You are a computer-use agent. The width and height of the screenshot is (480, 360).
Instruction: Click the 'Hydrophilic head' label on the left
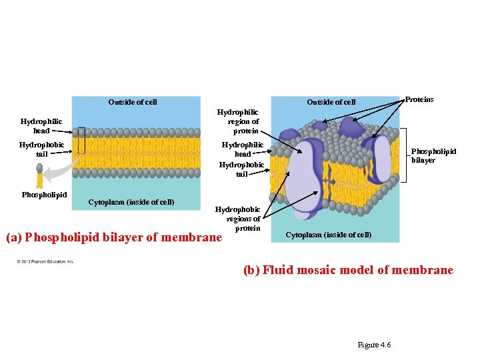pyautogui.click(x=41, y=126)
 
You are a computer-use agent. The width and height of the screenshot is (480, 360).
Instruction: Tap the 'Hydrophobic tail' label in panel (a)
pyautogui.click(x=41, y=149)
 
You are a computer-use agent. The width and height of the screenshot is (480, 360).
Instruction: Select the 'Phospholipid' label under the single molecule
pyautogui.click(x=44, y=195)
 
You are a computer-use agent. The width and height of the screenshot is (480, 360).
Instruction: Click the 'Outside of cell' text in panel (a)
pyautogui.click(x=133, y=102)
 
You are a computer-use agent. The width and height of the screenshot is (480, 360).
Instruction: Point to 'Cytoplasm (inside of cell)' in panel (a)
pyautogui.click(x=131, y=202)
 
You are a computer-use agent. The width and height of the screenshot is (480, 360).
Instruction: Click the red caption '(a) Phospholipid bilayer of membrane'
pyautogui.click(x=113, y=237)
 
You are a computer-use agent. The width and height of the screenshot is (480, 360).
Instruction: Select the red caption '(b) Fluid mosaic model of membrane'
pyautogui.click(x=348, y=270)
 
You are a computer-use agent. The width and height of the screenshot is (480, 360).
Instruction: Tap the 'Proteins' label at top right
pyautogui.click(x=419, y=99)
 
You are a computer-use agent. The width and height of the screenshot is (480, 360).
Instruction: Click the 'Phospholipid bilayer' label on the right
pyautogui.click(x=433, y=155)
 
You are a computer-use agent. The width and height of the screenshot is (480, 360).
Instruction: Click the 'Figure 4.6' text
pyautogui.click(x=374, y=345)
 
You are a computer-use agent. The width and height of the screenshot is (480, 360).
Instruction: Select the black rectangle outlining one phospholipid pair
pyautogui.click(x=81, y=141)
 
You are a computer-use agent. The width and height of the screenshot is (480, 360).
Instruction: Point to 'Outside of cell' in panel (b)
pyautogui.click(x=331, y=102)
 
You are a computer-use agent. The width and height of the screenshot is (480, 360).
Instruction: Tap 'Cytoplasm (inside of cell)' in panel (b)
pyautogui.click(x=329, y=235)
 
